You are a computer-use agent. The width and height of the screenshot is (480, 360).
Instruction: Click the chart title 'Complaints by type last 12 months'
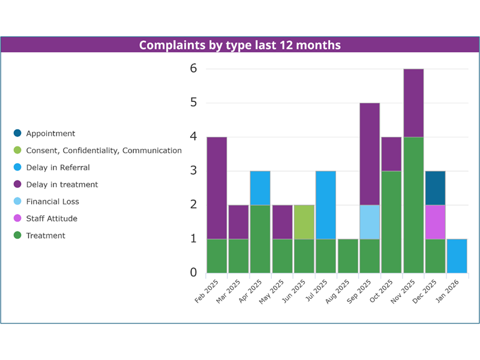pos(240,45)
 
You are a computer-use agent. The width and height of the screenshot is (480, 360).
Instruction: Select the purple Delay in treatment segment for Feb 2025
pos(217,188)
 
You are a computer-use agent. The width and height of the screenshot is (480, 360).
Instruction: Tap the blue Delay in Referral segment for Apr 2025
pos(260,188)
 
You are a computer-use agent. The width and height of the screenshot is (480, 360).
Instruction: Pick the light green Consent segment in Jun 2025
pos(304,222)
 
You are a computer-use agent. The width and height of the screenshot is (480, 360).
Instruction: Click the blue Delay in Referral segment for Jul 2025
pos(326,205)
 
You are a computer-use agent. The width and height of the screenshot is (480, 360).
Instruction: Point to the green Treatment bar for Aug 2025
pos(347,256)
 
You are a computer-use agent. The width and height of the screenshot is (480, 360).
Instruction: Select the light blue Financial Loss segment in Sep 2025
pos(370,222)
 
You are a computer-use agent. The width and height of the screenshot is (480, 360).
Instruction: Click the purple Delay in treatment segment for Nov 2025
pos(413,103)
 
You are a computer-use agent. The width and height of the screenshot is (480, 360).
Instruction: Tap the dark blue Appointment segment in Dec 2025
pos(435,188)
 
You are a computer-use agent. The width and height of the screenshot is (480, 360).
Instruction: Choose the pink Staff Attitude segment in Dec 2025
pos(435,222)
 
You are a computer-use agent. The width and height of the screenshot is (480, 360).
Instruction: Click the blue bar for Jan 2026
pos(457,256)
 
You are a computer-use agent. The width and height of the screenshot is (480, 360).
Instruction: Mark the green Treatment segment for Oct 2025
pos(391,222)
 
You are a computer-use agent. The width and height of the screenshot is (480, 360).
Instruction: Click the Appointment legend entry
pos(50,134)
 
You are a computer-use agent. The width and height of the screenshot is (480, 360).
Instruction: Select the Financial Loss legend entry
pos(52,202)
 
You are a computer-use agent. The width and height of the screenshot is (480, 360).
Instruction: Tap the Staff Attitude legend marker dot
pos(17,218)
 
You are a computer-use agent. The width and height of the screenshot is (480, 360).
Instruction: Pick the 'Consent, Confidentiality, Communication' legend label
pos(104,151)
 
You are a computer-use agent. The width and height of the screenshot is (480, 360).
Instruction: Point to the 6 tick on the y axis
pos(193,69)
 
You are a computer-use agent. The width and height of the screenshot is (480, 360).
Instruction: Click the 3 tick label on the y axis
pos(193,171)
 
